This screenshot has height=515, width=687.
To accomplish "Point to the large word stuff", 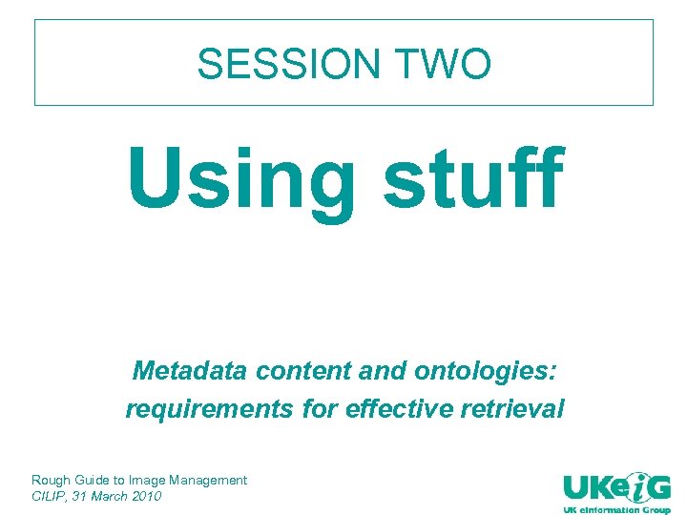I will (473, 178).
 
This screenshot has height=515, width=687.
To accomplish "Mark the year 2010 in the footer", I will (148, 496).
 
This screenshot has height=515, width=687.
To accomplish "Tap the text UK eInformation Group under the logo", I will (616, 508).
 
